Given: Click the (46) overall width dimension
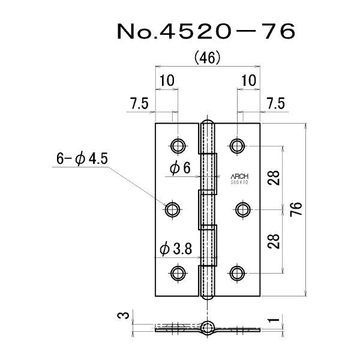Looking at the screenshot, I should point(209,58).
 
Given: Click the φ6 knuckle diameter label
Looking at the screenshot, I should point(179,170).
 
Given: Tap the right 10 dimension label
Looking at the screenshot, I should point(248,79).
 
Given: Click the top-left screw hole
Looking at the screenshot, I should point(178,145).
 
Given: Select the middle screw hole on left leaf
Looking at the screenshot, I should point(173,209).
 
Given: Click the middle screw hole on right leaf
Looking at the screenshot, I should point(243,209).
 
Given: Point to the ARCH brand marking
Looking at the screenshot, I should point(239,176).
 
